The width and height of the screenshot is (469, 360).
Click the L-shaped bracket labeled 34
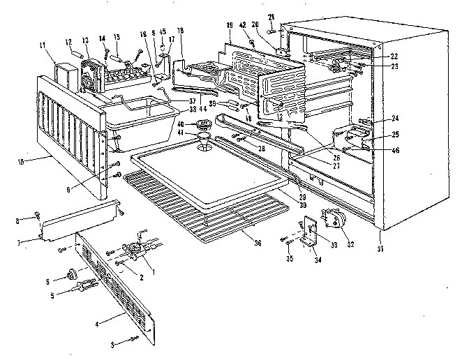pyautogui.click(x=306, y=234)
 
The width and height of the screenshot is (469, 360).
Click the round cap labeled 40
pyautogui.click(x=205, y=126)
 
